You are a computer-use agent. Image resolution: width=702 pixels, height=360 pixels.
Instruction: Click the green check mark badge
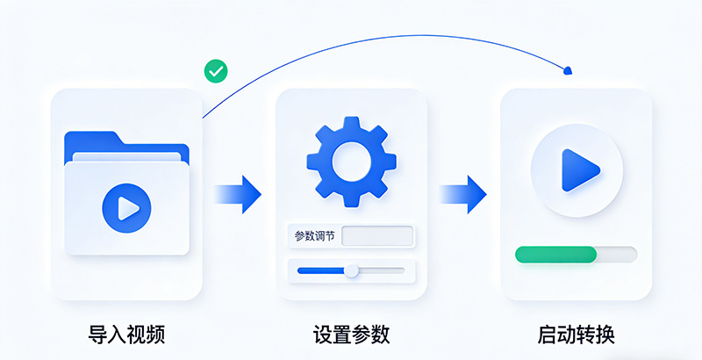click(x=215, y=71)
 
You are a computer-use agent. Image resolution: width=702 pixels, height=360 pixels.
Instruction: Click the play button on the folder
click(x=126, y=208)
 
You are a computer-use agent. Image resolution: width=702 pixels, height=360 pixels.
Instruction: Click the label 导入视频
click(x=126, y=335)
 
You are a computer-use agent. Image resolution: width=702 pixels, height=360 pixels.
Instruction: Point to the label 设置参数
click(x=351, y=335)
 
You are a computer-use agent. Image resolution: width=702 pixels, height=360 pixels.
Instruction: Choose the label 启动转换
click(x=576, y=335)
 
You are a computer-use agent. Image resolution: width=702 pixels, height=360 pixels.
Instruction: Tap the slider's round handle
click(x=352, y=270)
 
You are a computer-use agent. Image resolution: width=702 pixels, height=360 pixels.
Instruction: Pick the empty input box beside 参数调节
click(x=377, y=236)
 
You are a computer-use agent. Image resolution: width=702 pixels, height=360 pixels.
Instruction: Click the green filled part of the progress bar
click(x=555, y=255)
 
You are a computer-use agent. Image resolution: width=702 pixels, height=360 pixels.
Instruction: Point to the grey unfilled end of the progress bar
click(x=618, y=255)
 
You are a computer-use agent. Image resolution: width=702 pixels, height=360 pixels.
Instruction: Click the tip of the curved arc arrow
click(x=569, y=70)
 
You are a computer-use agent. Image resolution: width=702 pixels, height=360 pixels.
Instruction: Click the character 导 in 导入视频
click(x=97, y=335)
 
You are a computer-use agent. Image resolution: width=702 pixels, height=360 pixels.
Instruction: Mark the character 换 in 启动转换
click(x=605, y=335)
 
